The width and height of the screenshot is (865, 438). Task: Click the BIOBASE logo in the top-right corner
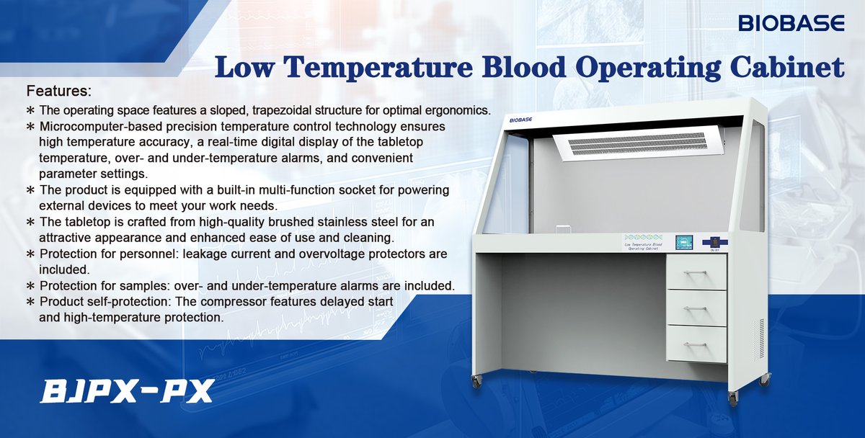tap(791, 24)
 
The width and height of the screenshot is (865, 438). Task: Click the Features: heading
tap(59, 92)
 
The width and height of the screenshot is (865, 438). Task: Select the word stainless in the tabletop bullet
tap(331, 222)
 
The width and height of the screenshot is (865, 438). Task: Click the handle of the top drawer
tap(696, 272)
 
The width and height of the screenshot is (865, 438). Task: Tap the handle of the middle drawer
tap(696, 308)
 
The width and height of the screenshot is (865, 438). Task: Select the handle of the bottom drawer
tap(696, 344)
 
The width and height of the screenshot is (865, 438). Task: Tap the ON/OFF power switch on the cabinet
tap(714, 243)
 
